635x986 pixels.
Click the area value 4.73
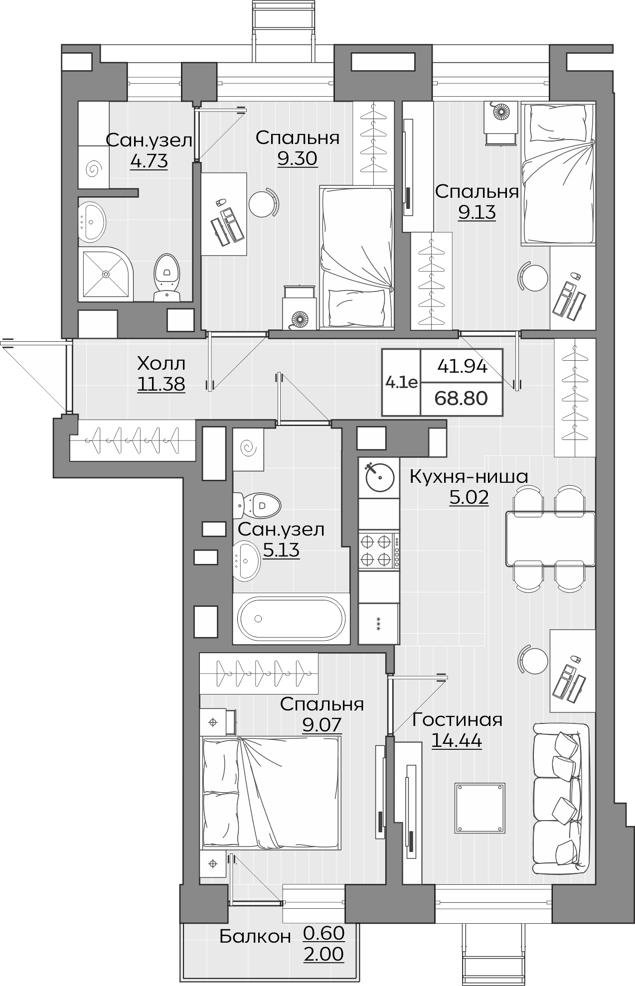pos(149,161)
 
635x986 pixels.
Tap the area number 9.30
pos(298,158)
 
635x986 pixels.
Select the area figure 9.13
pos(477,213)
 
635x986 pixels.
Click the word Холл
pos(161,363)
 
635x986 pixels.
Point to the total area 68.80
pos(461,398)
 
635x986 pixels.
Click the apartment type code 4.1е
pos(401,382)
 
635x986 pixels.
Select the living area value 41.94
pos(462,367)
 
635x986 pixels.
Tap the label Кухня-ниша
pos(469,477)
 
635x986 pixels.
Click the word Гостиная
pos(457,720)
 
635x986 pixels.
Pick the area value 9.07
pos(322,724)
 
